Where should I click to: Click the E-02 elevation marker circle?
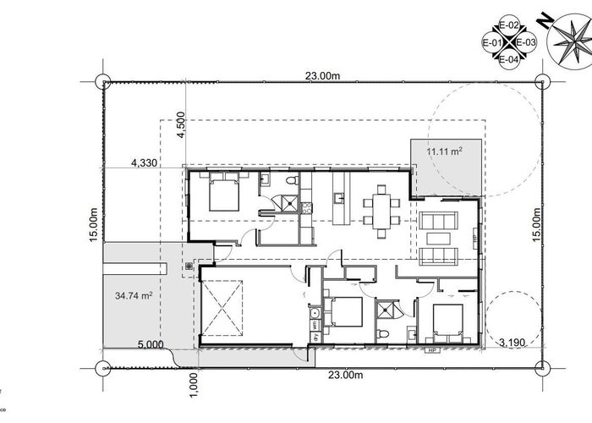[x=509, y=27]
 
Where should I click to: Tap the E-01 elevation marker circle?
[x=493, y=42]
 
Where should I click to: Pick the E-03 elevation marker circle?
[x=525, y=42]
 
